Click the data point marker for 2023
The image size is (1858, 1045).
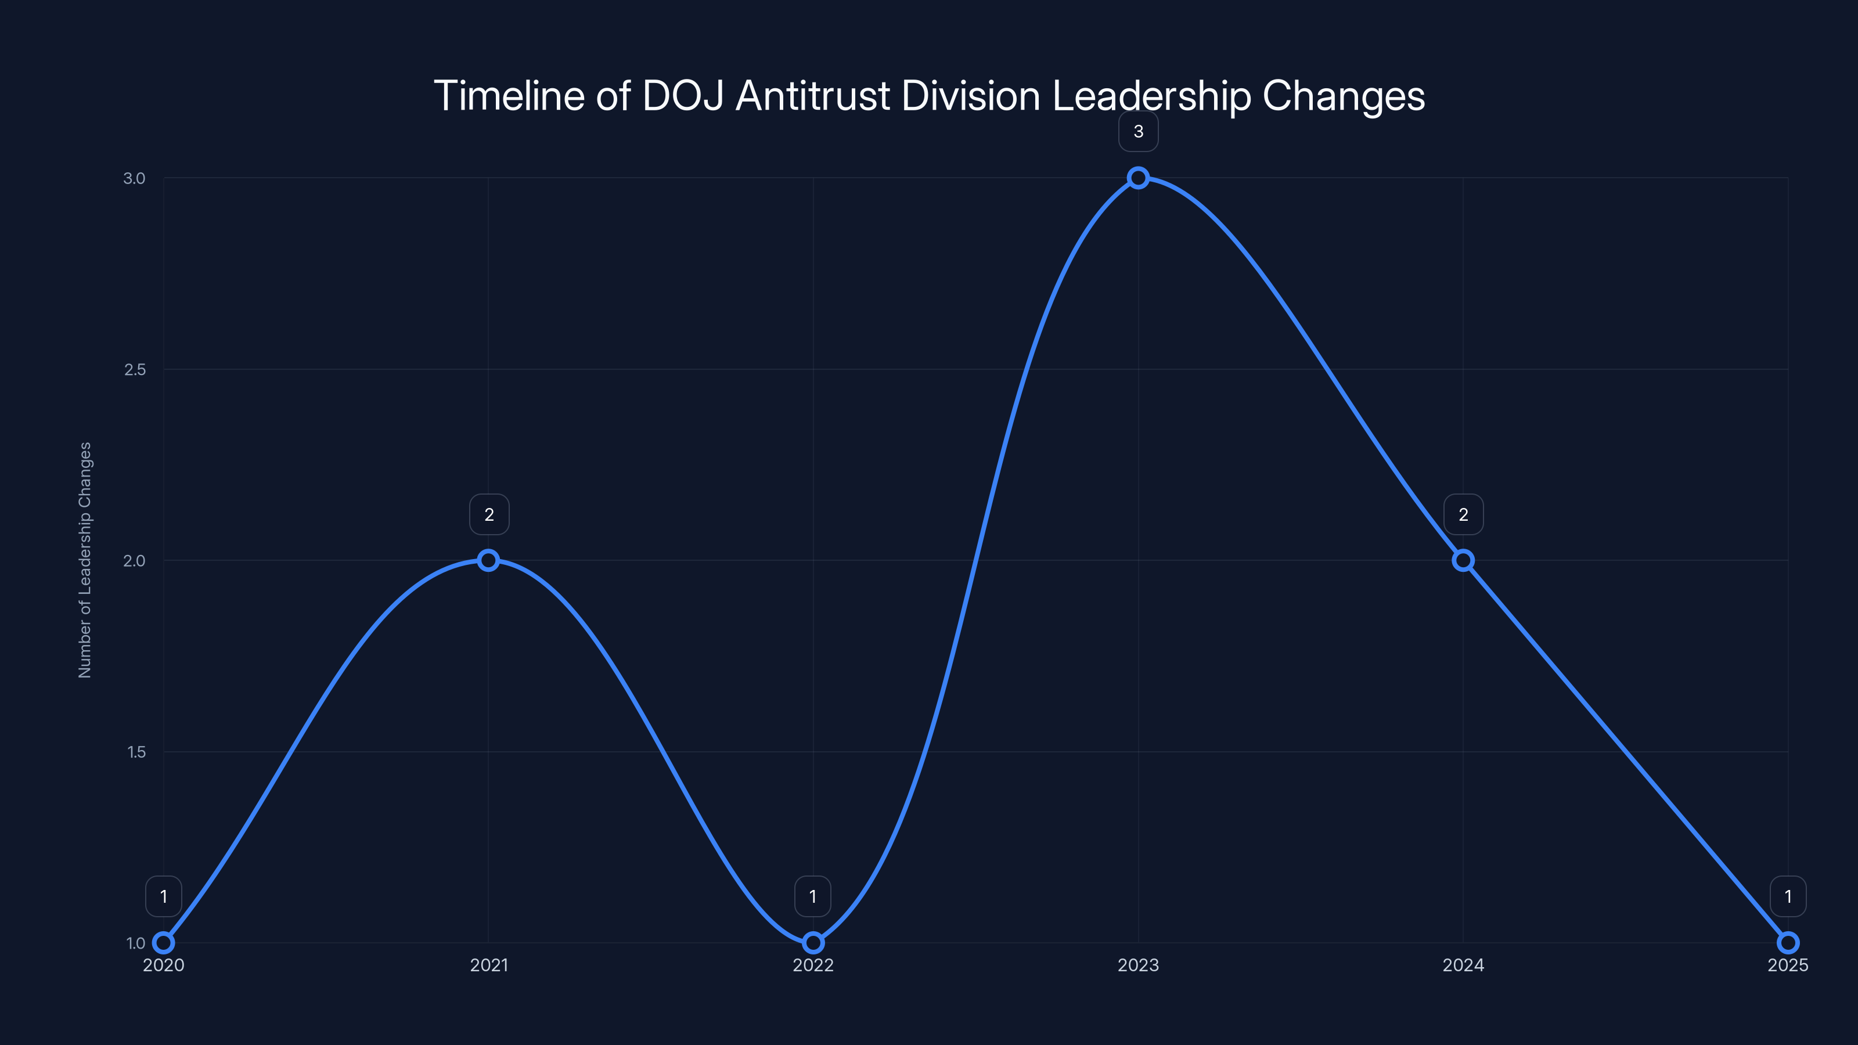1138,178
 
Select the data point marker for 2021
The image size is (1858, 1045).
488,560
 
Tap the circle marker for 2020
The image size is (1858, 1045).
164,943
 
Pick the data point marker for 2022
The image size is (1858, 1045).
813,943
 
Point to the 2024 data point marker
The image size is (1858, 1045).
1463,560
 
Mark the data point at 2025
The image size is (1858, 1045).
1788,943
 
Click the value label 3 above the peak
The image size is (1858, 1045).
1138,131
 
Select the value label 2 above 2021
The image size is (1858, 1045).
489,514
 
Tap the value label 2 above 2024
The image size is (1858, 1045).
1463,514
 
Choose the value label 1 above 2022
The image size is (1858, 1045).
813,896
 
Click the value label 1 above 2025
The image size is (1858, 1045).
1788,896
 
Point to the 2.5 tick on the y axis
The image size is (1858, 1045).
135,369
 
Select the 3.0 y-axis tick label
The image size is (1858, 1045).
134,178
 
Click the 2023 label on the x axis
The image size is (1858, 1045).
1138,965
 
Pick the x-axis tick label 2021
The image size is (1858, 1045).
489,965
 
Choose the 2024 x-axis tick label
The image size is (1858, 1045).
1463,965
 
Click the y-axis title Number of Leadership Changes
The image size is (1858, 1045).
85,560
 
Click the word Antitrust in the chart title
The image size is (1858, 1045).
812,95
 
